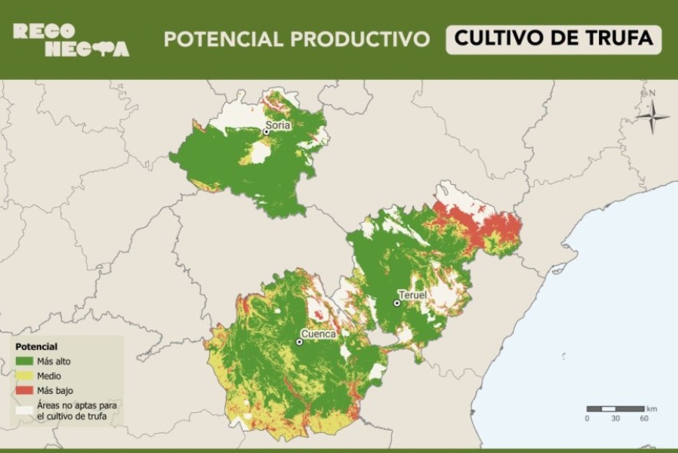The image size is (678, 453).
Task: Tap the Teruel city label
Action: click(412, 295)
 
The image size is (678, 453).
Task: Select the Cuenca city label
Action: click(318, 334)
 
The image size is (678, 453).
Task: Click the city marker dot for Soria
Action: click(266, 132)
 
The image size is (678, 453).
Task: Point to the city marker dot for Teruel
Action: click(397, 303)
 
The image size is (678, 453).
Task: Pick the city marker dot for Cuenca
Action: click(299, 342)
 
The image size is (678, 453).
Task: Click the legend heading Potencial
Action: click(36, 347)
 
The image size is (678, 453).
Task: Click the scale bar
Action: click(615, 408)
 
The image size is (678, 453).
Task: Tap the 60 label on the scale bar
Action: click(643, 418)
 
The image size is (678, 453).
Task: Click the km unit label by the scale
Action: click(652, 408)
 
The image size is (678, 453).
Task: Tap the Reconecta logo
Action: click(71, 40)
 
